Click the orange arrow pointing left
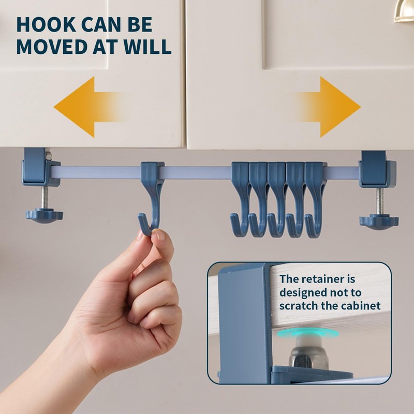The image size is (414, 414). point(78,107)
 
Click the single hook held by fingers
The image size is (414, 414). point(150,202)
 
